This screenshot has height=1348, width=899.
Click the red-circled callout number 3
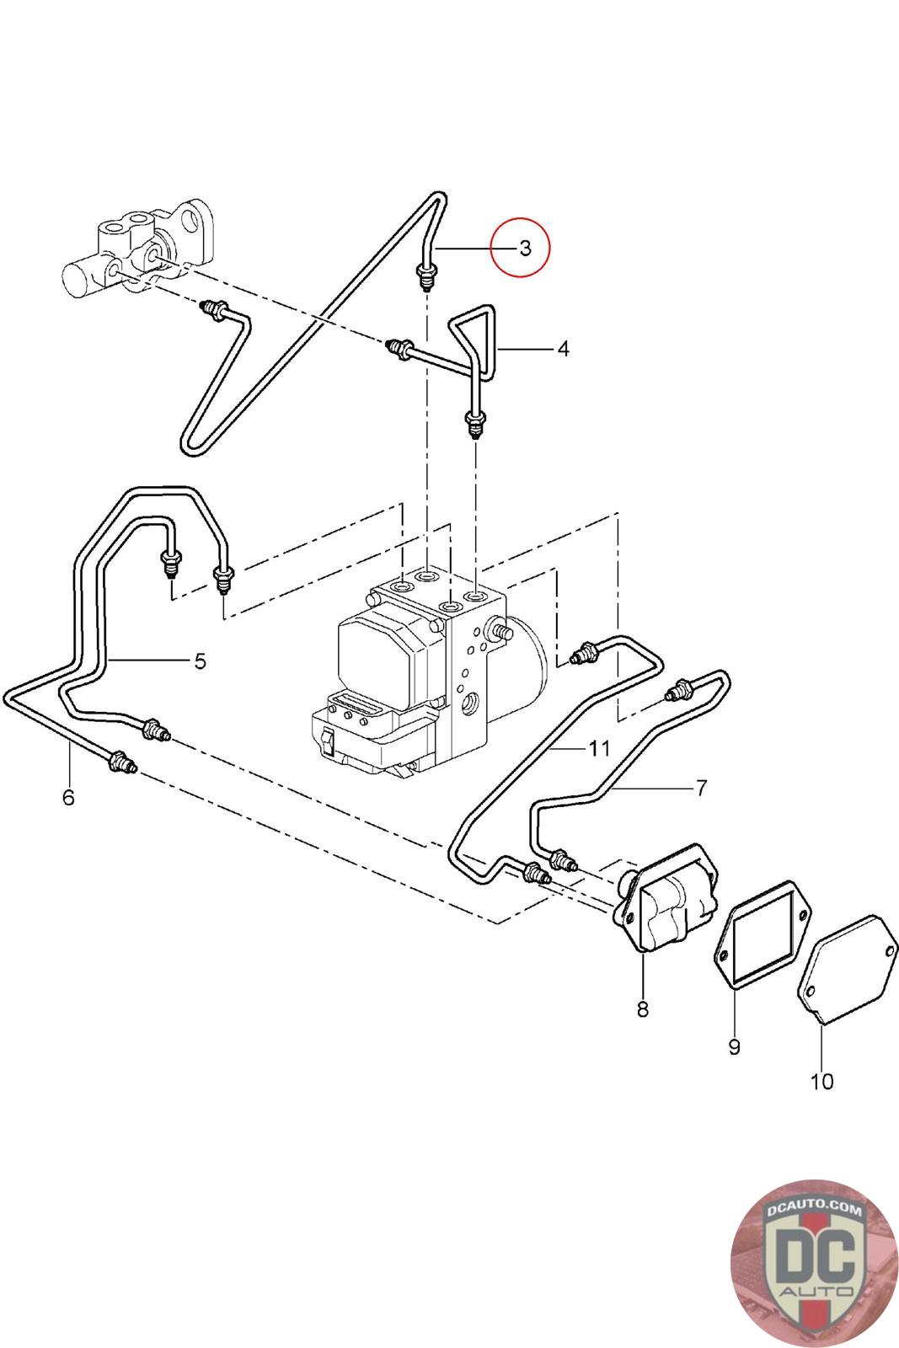pyautogui.click(x=525, y=248)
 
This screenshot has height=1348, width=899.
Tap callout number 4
pyautogui.click(x=563, y=348)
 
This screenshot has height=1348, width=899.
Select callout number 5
pyautogui.click(x=200, y=661)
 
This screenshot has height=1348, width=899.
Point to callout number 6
pyautogui.click(x=68, y=796)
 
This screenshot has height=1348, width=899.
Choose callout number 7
pyautogui.click(x=701, y=788)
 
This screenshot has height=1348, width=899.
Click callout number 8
pyautogui.click(x=643, y=1008)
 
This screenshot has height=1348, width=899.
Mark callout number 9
pyautogui.click(x=734, y=1046)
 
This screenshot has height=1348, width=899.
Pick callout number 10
pyautogui.click(x=821, y=1081)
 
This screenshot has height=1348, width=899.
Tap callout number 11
pyautogui.click(x=599, y=747)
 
